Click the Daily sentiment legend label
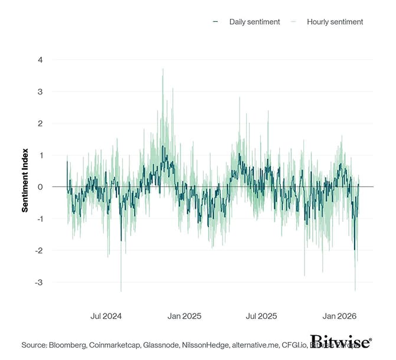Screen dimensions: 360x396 tap(256, 22)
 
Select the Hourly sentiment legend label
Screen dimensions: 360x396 tap(335, 22)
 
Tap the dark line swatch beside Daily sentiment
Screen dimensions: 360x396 tap(215, 22)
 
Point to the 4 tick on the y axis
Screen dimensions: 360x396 tap(40, 60)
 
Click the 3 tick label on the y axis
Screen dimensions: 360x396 tap(40, 91)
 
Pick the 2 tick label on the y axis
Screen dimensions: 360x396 tap(40, 123)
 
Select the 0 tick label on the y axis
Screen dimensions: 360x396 tap(40, 187)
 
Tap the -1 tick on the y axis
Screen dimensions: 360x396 tap(38, 219)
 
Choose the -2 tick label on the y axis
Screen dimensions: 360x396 tap(38, 251)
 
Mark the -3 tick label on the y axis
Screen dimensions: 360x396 tap(38, 283)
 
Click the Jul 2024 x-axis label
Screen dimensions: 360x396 tap(106, 316)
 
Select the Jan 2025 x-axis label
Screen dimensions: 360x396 tap(184, 316)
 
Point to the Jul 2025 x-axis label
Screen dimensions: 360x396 tap(261, 316)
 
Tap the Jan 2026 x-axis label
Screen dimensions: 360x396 tap(338, 316)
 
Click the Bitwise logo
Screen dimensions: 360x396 tap(341, 342)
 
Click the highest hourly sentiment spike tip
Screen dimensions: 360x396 tap(163, 69)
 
